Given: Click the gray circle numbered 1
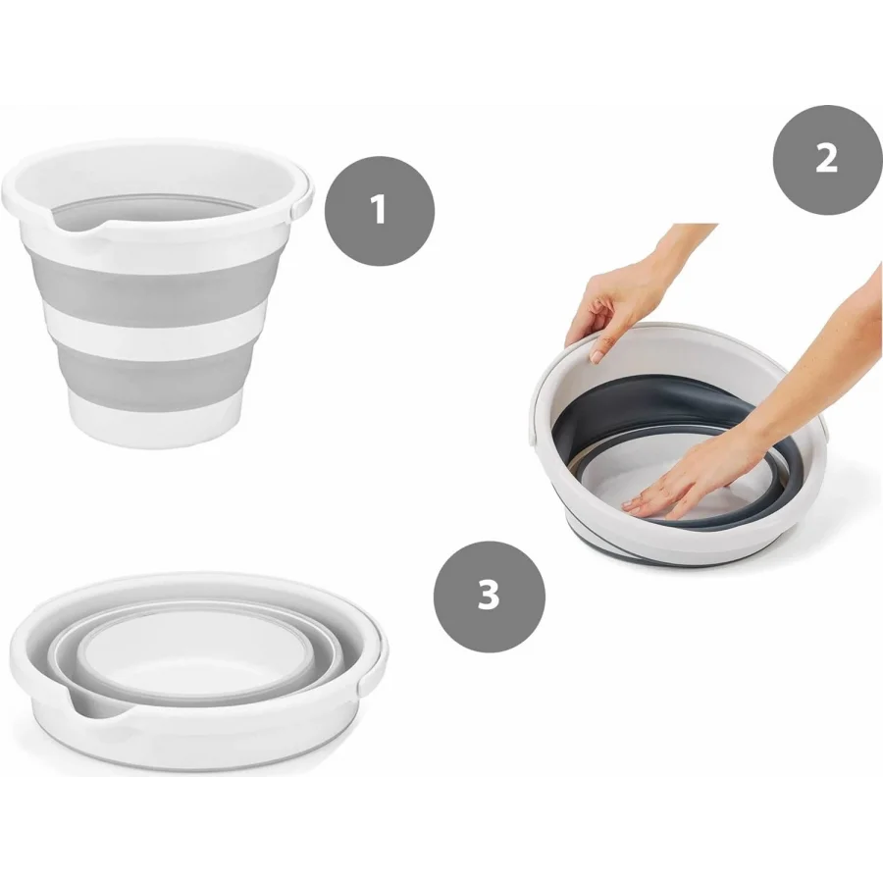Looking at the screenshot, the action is [x=380, y=211].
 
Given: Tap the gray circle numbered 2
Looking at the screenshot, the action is [x=827, y=159].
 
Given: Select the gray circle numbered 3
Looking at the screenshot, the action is [x=489, y=597].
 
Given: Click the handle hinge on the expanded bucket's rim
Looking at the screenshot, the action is [x=302, y=200].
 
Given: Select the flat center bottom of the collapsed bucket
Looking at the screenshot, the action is [x=191, y=648].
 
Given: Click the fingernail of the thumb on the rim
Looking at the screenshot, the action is [x=597, y=356].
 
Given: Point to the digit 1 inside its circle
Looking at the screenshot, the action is [x=379, y=210].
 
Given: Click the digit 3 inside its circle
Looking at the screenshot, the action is [x=489, y=595].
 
